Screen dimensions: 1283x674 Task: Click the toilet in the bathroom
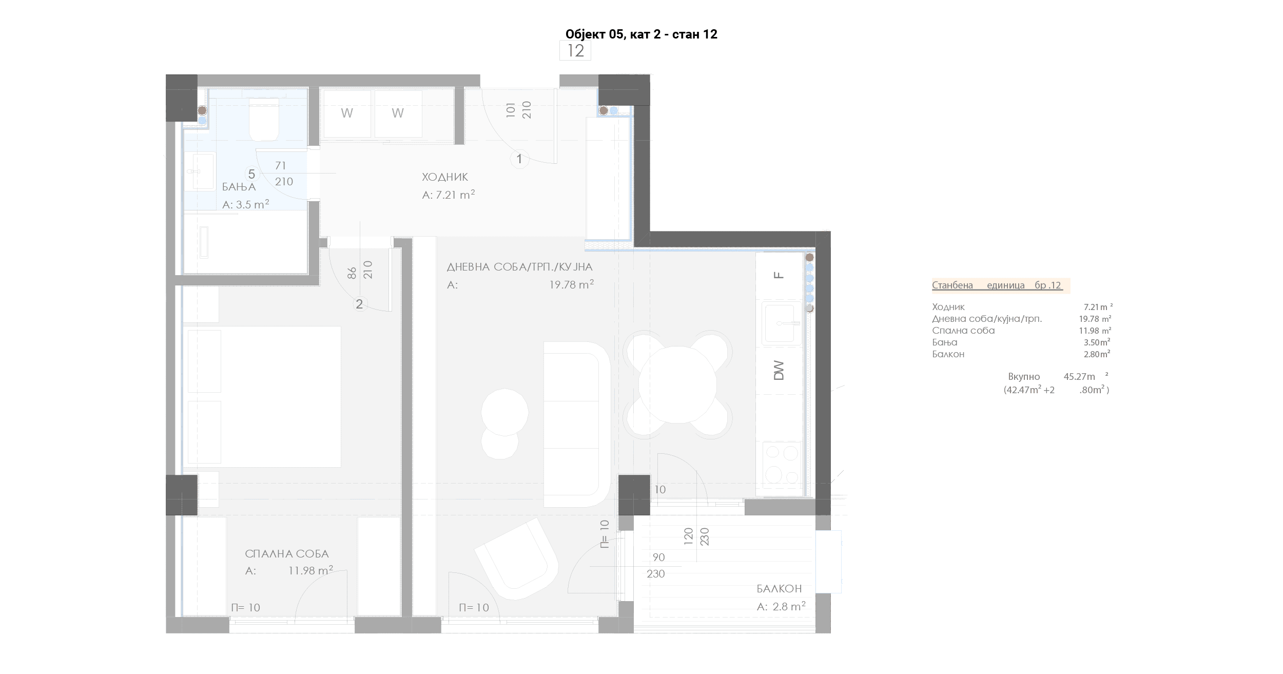click(x=264, y=119)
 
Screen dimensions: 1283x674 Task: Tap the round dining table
click(x=677, y=384)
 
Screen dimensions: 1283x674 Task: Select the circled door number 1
click(x=519, y=159)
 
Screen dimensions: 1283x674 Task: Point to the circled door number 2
click(x=359, y=304)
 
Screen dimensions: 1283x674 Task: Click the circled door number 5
click(x=251, y=174)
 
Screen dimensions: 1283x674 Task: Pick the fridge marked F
click(x=779, y=276)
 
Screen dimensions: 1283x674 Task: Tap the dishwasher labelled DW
click(x=779, y=371)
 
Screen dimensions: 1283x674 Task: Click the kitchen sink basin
click(x=780, y=323)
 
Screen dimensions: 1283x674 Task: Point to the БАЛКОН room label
click(x=779, y=589)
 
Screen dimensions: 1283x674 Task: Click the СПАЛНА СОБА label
click(x=287, y=554)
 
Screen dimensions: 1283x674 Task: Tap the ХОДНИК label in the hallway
click(x=445, y=177)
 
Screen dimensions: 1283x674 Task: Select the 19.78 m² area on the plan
click(x=572, y=284)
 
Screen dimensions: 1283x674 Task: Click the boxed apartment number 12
click(x=575, y=51)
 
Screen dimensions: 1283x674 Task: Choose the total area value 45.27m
click(x=1079, y=376)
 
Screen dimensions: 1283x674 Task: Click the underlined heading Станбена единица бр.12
click(x=997, y=285)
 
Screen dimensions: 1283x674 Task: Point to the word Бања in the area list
click(x=945, y=342)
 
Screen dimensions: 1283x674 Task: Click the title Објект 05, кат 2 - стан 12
click(x=641, y=34)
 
